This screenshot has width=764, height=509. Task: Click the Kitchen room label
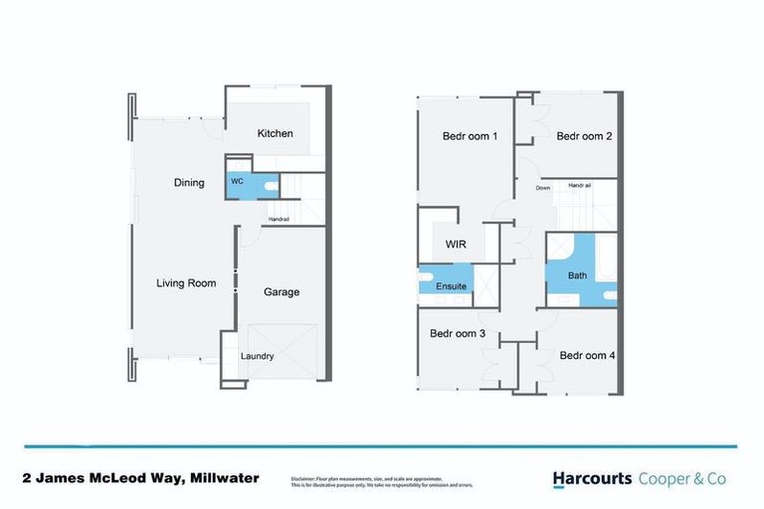click(x=276, y=133)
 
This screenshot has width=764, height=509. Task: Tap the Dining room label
click(x=189, y=183)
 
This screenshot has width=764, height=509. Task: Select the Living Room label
click(x=186, y=283)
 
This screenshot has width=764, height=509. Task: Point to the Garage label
click(x=282, y=292)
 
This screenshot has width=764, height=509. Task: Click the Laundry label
click(x=257, y=356)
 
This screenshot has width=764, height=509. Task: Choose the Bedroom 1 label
click(x=469, y=136)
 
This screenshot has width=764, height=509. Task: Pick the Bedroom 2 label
click(x=584, y=136)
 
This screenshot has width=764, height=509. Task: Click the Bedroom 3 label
click(x=457, y=333)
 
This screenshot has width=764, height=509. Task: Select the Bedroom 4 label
click(x=587, y=354)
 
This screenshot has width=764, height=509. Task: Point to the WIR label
click(x=456, y=243)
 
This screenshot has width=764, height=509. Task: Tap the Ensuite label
click(x=451, y=286)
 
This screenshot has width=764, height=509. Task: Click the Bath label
click(x=578, y=275)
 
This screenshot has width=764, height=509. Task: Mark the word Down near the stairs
click(x=543, y=188)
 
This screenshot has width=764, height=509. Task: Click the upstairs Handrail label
click(x=580, y=186)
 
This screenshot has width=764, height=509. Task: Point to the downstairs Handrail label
click(x=279, y=220)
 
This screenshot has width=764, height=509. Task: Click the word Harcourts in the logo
click(x=593, y=478)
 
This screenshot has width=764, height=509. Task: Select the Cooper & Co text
click(x=682, y=478)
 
